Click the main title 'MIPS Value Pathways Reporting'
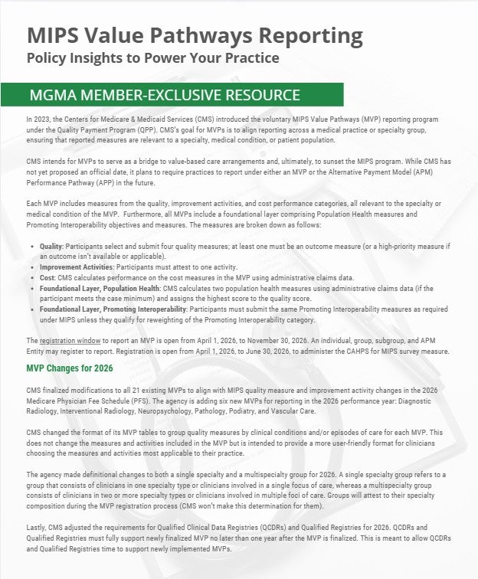[195, 35]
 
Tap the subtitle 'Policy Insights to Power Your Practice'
[152, 58]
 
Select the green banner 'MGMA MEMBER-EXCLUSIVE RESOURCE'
[164, 96]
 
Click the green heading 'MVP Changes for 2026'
[69, 369]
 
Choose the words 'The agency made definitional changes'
[77, 476]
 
